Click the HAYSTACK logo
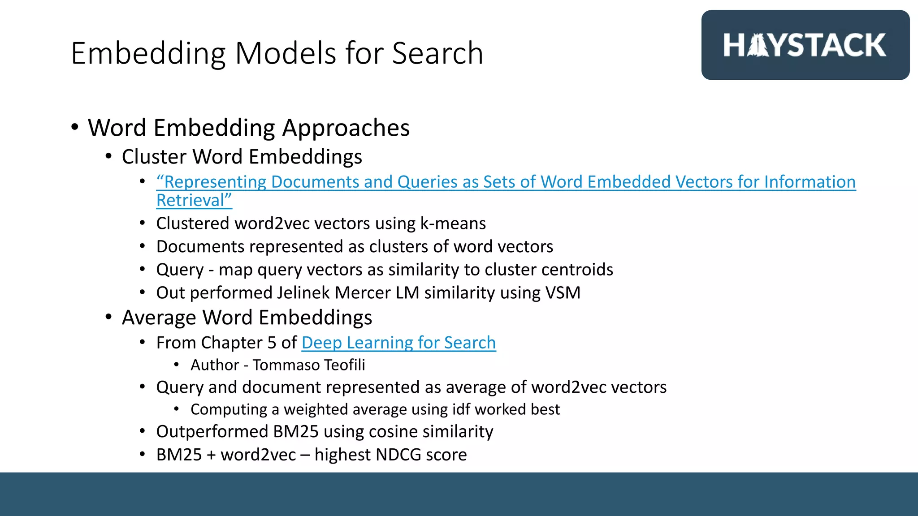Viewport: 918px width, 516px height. coord(805,45)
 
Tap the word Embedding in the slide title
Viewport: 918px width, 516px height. coord(148,53)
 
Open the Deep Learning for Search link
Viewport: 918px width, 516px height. coord(398,343)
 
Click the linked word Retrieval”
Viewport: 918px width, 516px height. coord(194,200)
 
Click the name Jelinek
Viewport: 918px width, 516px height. coord(303,293)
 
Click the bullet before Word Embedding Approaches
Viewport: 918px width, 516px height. coord(75,127)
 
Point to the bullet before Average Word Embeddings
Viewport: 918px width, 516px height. coord(108,317)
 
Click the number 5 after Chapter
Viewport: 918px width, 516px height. coord(272,343)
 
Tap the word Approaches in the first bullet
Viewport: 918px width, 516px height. coord(346,128)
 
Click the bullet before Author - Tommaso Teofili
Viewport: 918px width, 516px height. coord(177,365)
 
